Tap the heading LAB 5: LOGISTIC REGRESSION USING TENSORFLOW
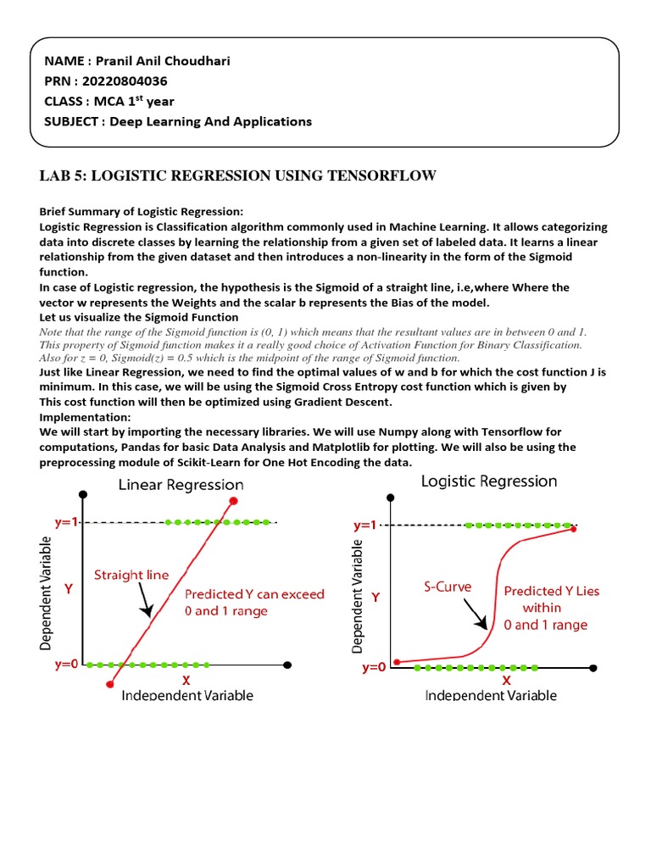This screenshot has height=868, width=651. (237, 175)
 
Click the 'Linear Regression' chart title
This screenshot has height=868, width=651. (181, 485)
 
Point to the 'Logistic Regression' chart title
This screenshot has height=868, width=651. (489, 481)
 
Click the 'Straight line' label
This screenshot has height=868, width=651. (131, 575)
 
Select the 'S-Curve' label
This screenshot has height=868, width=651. (448, 586)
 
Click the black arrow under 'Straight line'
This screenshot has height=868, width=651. (146, 604)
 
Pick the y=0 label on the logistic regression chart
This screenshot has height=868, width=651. (374, 667)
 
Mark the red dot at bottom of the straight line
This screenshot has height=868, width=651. (109, 683)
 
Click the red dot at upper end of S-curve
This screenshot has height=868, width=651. (575, 529)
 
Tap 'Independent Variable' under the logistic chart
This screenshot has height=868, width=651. (491, 695)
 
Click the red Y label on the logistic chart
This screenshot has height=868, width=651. (376, 597)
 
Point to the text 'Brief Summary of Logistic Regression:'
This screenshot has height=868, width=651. (142, 211)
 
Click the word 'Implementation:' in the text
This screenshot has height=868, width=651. (86, 418)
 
